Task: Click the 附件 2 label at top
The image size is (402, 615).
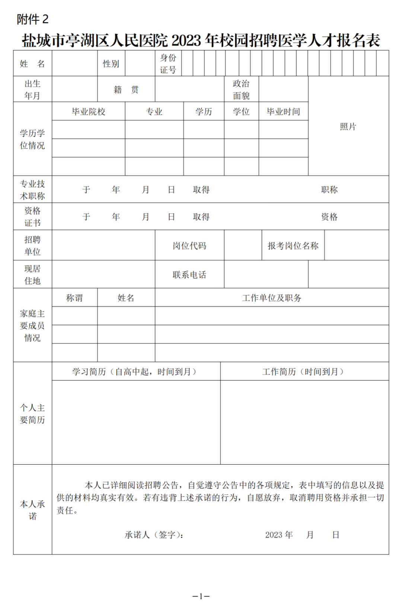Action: click(32, 19)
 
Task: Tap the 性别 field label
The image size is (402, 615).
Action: click(111, 64)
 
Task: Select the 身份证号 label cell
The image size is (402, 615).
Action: click(168, 64)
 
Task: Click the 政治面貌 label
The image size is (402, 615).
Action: click(241, 89)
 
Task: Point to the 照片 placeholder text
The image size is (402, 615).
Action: click(348, 126)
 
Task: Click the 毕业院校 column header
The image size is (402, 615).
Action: click(89, 112)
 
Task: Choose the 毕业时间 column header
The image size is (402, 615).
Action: click(283, 112)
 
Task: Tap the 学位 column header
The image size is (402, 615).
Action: click(241, 112)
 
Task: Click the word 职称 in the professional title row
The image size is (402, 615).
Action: click(329, 190)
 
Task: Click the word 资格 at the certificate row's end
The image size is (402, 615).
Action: click(329, 217)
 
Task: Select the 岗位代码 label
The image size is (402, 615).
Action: click(189, 246)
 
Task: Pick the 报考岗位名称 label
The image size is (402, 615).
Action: click(293, 246)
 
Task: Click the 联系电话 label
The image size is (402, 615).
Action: click(189, 275)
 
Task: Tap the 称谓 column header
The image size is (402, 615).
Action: click(74, 298)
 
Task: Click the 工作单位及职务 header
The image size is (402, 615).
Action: click(272, 298)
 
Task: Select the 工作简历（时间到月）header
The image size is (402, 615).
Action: click(303, 371)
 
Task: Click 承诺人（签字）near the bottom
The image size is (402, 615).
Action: click(154, 535)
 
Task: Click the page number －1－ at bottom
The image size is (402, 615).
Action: click(201, 596)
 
